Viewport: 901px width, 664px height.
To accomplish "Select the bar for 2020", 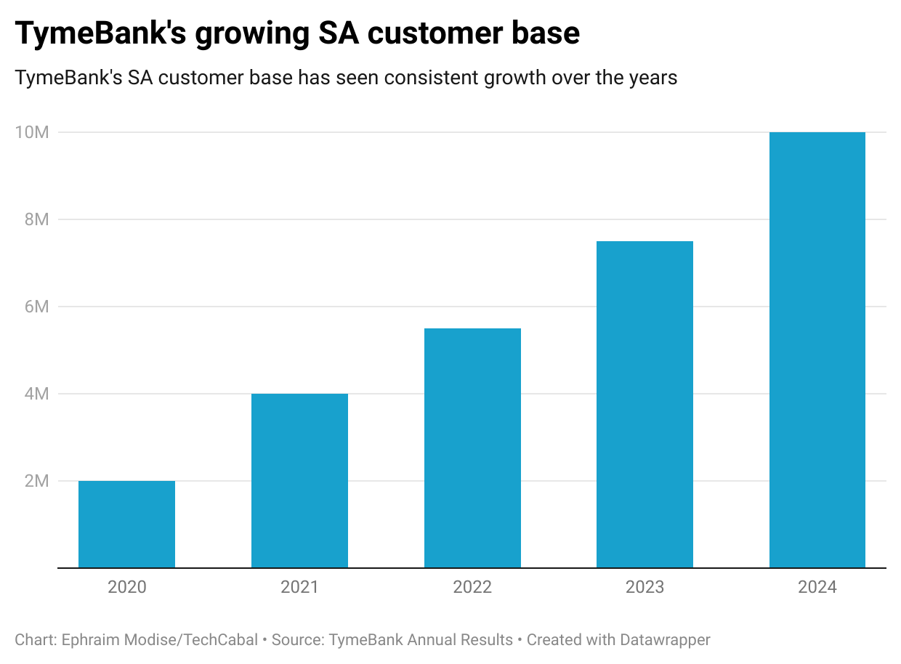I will click(x=126, y=524).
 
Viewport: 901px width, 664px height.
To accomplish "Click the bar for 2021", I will click(x=299, y=480).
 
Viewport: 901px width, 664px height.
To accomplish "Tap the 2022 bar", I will click(x=472, y=448).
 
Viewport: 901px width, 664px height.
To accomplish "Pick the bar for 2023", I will click(x=645, y=404).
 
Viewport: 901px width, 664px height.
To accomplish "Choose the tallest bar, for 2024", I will click(x=817, y=349).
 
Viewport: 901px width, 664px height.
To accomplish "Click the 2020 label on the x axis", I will click(x=126, y=587).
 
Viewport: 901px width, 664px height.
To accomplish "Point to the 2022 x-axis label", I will click(x=472, y=587).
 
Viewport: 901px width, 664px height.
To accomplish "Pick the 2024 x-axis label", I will click(x=817, y=587).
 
